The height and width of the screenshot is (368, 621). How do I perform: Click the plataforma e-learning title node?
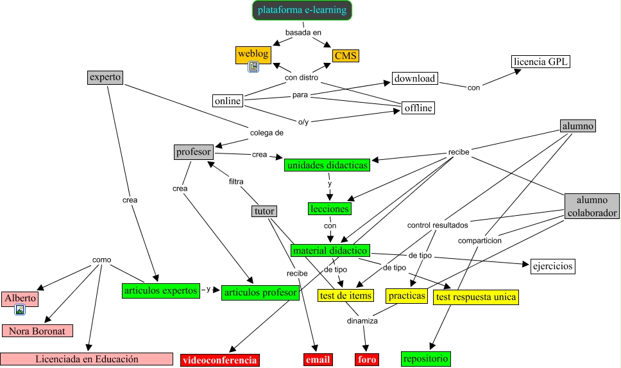click(302, 10)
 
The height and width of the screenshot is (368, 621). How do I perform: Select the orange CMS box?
click(346, 56)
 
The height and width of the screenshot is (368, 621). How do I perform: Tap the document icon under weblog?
click(253, 66)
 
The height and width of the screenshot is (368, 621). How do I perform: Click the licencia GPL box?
click(541, 62)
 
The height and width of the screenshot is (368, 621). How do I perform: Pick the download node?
click(414, 79)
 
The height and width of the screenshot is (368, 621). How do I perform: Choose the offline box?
click(418, 108)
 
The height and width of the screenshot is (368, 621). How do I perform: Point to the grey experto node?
click(105, 78)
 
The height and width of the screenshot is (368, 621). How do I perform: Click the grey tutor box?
click(264, 211)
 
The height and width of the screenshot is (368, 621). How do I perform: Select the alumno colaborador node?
click(591, 206)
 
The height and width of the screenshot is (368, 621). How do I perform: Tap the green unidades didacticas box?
click(328, 165)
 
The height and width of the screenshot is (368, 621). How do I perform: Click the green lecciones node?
click(329, 209)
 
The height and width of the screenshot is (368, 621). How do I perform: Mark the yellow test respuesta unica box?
click(475, 297)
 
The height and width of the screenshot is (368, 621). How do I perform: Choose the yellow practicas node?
click(407, 295)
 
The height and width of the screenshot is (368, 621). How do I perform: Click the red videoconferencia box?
click(220, 360)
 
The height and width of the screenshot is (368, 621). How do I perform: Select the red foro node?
click(367, 360)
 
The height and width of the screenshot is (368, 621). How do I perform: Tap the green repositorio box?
click(425, 358)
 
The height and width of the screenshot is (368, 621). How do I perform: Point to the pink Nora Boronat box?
click(37, 331)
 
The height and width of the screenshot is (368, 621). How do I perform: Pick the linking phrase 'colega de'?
click(266, 133)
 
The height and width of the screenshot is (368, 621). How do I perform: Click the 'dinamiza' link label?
click(362, 320)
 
